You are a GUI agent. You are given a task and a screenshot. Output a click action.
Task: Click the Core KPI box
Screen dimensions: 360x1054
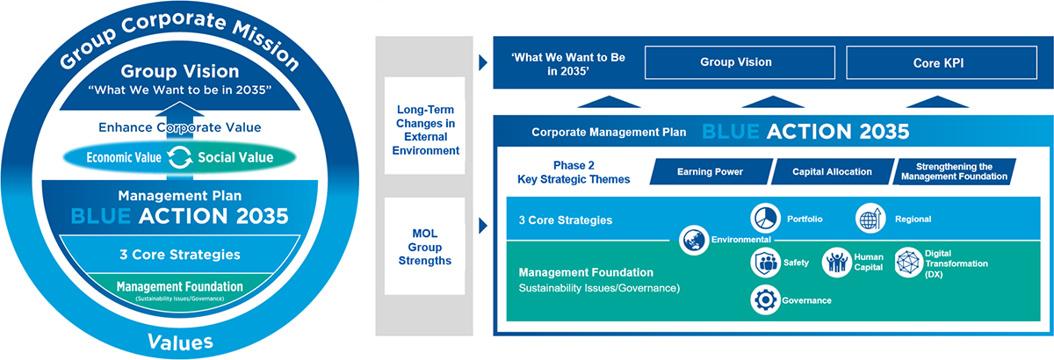(938, 62)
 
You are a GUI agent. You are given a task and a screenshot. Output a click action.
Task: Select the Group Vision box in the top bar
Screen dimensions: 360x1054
(736, 62)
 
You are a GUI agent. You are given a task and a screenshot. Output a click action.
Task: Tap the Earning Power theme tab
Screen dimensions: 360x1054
(711, 172)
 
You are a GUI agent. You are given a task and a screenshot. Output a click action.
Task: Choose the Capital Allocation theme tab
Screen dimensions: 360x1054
(831, 172)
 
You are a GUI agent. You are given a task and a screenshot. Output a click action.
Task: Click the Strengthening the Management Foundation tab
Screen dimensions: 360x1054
(954, 172)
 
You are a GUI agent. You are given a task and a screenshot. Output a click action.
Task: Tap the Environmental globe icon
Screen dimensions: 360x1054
(694, 239)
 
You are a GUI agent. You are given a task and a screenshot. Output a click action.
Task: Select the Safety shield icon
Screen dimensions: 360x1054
(763, 261)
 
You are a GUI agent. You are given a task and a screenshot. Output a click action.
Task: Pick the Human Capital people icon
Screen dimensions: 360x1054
(834, 261)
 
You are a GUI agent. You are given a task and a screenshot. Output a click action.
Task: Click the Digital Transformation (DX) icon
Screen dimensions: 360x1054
(906, 262)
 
